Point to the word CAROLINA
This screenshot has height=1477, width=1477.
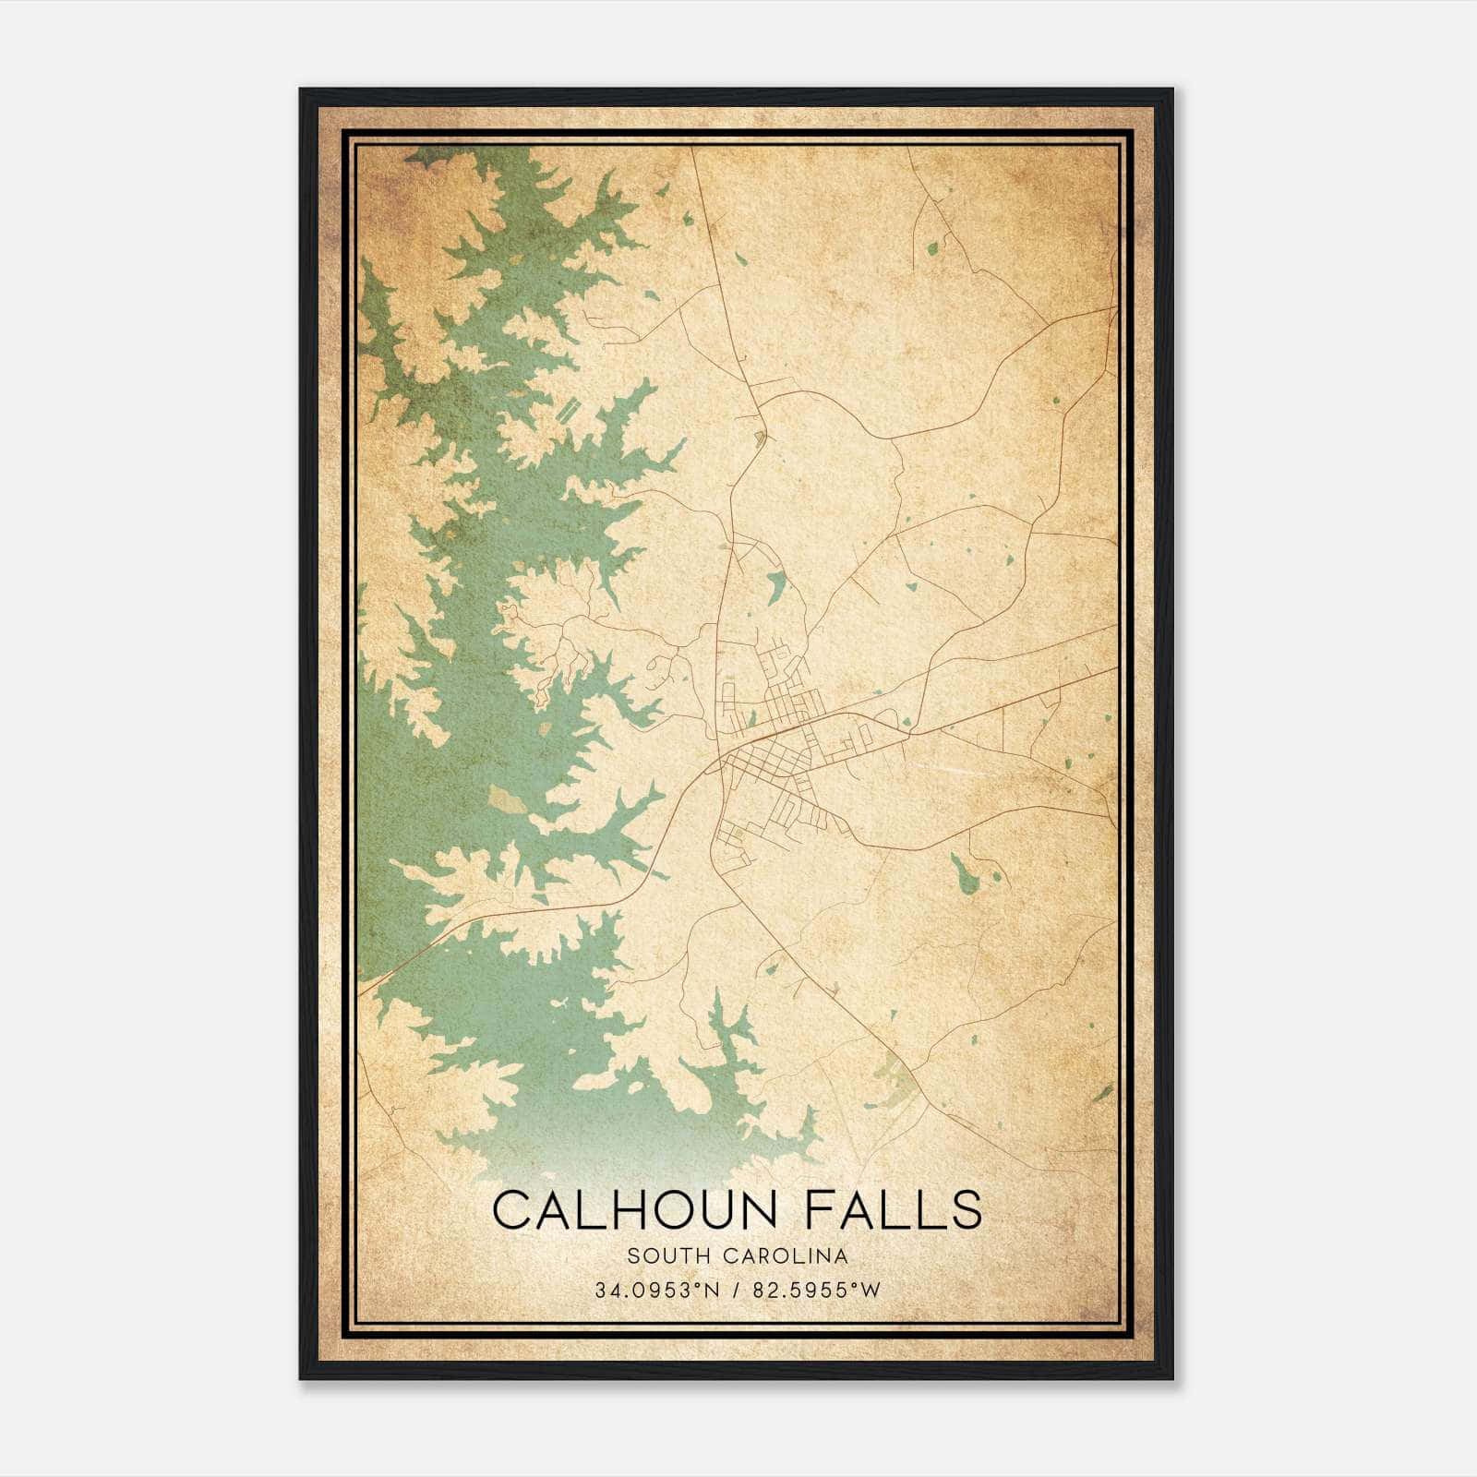[787, 1255]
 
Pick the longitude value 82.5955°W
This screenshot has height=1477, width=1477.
[817, 1291]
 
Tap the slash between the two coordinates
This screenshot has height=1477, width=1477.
[735, 1291]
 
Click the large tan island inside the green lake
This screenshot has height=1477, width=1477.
[506, 799]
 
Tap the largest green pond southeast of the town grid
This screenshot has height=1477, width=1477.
[966, 873]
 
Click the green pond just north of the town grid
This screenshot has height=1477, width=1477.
[776, 585]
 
